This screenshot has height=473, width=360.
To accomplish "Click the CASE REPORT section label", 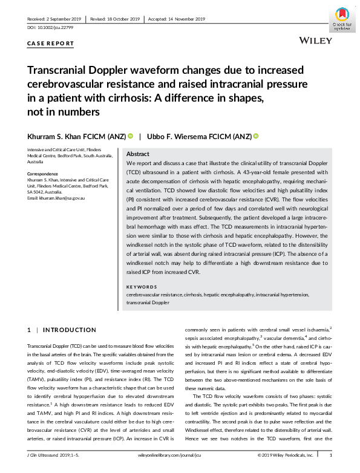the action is pos(51,44).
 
